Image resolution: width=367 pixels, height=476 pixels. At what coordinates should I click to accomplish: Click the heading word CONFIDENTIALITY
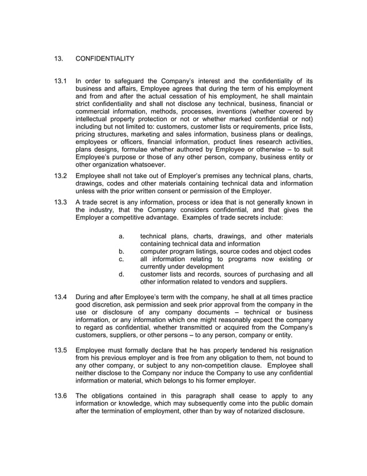pos(105,58)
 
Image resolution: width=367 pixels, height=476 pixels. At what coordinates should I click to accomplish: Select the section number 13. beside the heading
pos(58,58)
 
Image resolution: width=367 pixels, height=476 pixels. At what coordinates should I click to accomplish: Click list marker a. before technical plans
pos(122,236)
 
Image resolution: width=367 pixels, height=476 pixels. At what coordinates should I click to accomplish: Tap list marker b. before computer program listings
pos(122,251)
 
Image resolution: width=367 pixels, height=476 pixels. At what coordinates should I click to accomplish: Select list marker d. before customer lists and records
pos(122,274)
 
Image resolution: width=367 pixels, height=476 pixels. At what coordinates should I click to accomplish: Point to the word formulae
pos(142,149)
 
